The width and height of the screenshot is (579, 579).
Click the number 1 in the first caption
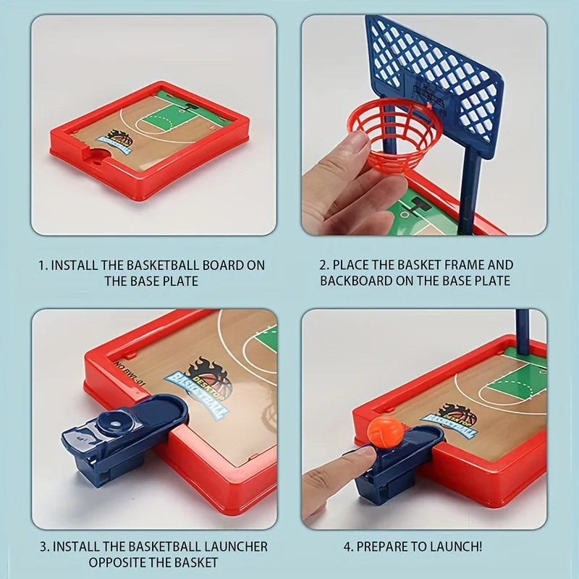[x=41, y=265]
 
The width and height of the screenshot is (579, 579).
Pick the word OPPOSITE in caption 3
[x=115, y=562]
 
